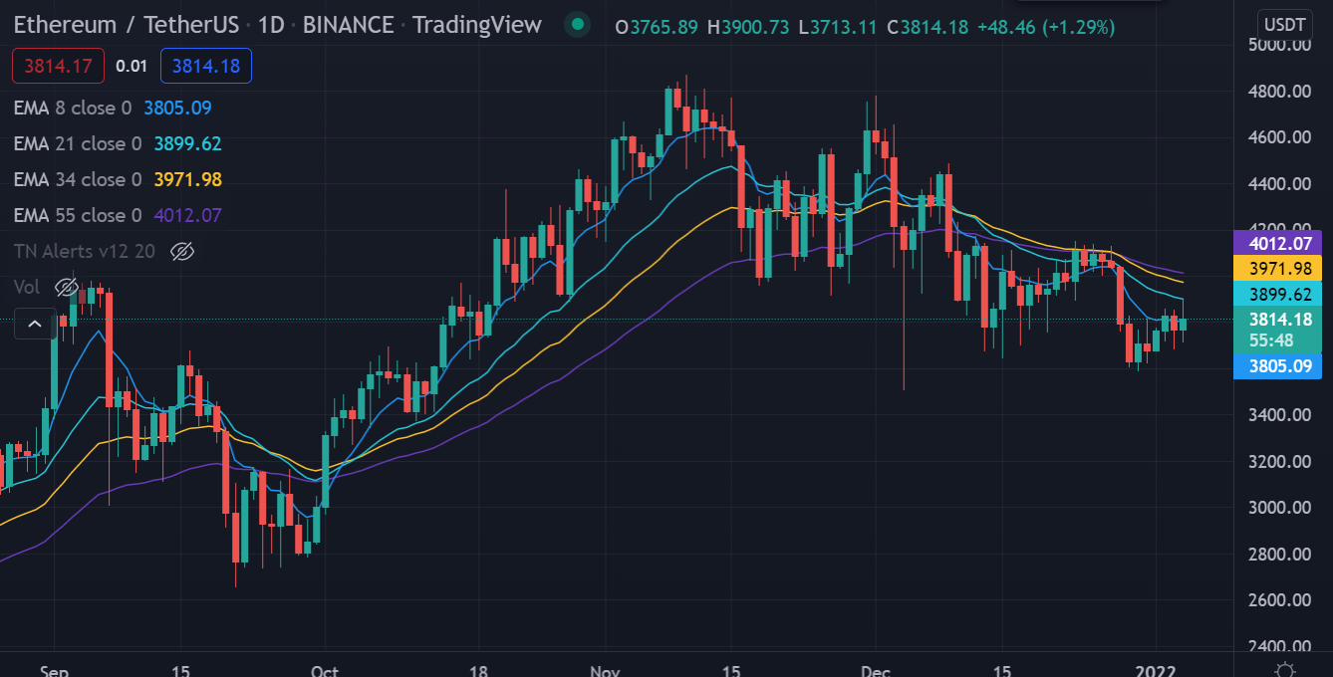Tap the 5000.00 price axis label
tap(1281, 45)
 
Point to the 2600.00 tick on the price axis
tap(1281, 600)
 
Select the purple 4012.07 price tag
tap(1277, 243)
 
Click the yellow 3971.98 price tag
tap(1277, 269)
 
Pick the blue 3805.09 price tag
tap(1277, 366)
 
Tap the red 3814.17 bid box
tap(58, 67)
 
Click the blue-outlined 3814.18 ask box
tap(205, 67)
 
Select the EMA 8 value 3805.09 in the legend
tap(177, 108)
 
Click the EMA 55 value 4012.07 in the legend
tap(187, 215)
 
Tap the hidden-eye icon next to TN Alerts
tap(181, 251)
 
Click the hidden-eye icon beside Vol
tap(66, 288)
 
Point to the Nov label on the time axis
tap(605, 670)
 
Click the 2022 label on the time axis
tap(1157, 670)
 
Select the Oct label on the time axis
tap(325, 670)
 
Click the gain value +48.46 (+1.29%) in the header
tap(1045, 27)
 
